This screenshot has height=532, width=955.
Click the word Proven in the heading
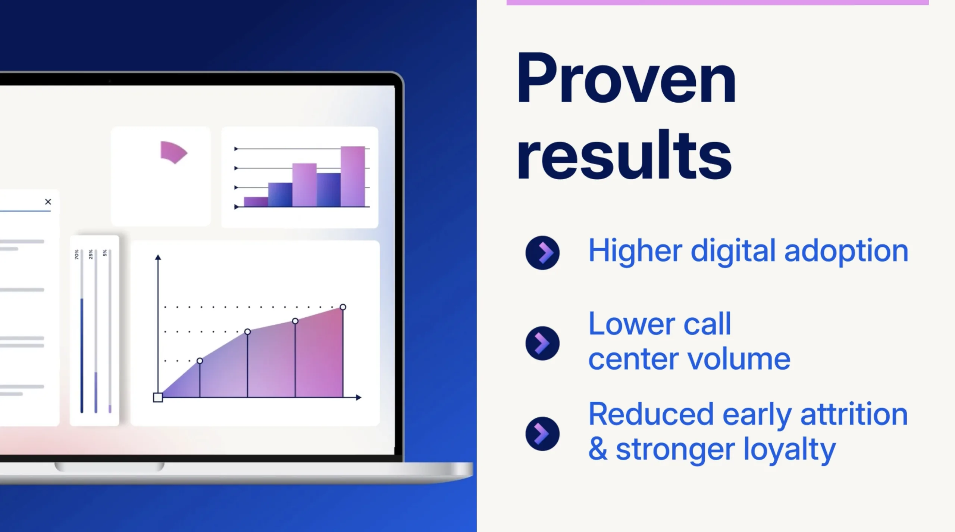tap(626, 78)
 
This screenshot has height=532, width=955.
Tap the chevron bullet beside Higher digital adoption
tap(542, 253)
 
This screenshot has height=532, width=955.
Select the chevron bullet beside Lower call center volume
tap(542, 343)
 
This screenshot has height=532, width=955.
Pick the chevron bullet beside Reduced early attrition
tap(542, 434)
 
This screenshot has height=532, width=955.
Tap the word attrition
tap(854, 414)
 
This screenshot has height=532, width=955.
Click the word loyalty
tap(789, 450)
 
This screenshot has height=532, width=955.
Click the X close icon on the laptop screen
tap(48, 202)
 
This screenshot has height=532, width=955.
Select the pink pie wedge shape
tap(173, 152)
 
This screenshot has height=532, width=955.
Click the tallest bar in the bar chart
tap(353, 177)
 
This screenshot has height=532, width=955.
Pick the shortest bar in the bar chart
tap(256, 202)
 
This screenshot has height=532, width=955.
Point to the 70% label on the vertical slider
tap(76, 255)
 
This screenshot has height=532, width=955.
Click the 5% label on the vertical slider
tap(105, 253)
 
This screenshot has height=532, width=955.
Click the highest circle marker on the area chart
tap(343, 307)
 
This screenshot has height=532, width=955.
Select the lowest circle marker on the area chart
tap(200, 361)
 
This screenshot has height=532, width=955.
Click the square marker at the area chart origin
tap(158, 398)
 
